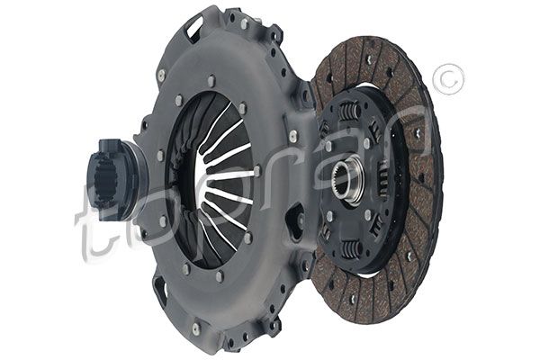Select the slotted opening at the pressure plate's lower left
[161, 291]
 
